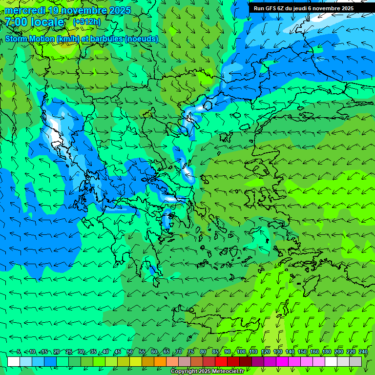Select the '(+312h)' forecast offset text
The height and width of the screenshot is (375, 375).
pyautogui.click(x=86, y=21)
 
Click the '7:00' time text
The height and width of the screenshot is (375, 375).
pyautogui.click(x=16, y=22)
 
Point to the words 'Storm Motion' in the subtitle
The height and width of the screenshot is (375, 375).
pyautogui.click(x=30, y=39)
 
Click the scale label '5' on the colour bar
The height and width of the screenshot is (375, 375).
pyautogui.click(x=19, y=352)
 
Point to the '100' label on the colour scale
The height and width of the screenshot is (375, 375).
pyautogui.click(x=241, y=352)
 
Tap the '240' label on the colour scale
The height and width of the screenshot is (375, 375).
pyautogui.click(x=363, y=352)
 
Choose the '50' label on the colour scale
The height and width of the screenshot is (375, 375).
pyautogui.click(x=130, y=352)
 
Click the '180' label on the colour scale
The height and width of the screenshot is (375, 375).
pyautogui.click(x=326, y=352)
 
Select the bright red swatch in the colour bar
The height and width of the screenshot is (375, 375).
pyautogui.click(x=221, y=361)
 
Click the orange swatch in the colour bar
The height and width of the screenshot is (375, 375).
pyautogui.click(x=160, y=361)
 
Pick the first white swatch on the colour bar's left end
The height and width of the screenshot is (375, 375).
pyautogui.click(x=14, y=361)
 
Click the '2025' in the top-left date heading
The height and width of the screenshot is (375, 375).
pyautogui.click(x=120, y=10)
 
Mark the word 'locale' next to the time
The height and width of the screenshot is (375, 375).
pyautogui.click(x=47, y=22)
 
